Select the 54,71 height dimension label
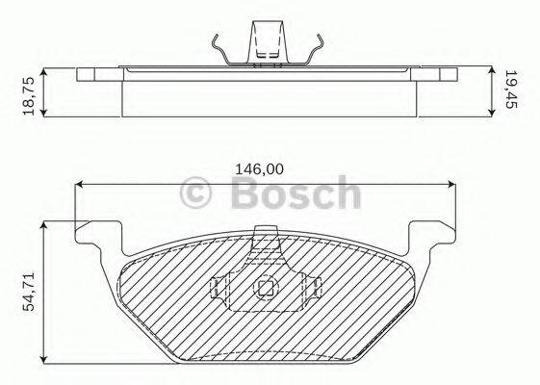[30, 291]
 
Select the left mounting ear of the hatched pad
[100, 237]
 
